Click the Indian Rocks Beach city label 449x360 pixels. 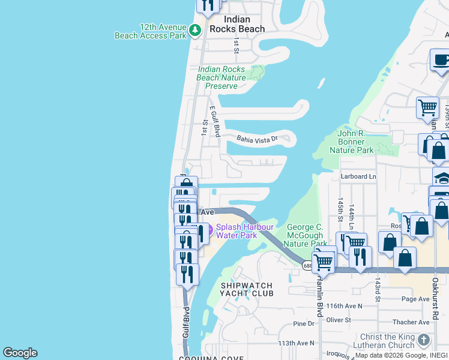[x=237, y=24]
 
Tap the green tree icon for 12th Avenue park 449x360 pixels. [x=194, y=29]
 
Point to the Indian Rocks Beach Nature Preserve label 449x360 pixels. [x=221, y=77]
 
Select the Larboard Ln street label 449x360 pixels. [x=358, y=176]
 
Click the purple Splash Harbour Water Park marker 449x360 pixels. [x=202, y=229]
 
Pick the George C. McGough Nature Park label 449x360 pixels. [x=306, y=235]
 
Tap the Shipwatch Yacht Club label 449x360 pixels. [x=247, y=289]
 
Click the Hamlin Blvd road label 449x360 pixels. [x=319, y=298]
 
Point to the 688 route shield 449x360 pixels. [x=307, y=266]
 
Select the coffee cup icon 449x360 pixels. [x=441, y=60]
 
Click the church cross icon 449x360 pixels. [x=424, y=340]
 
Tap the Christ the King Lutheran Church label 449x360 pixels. [x=387, y=341]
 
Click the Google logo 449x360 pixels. [x=20, y=353]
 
